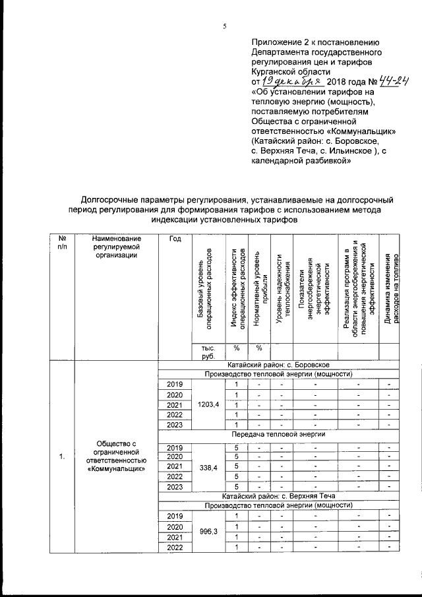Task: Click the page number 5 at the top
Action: pyautogui.click(x=224, y=26)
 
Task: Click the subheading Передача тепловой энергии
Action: pyautogui.click(x=278, y=436)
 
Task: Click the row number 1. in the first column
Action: pyautogui.click(x=61, y=456)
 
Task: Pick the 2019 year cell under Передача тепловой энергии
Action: pyautogui.click(x=175, y=447)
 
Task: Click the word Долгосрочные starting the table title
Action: pyautogui.click(x=111, y=199)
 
